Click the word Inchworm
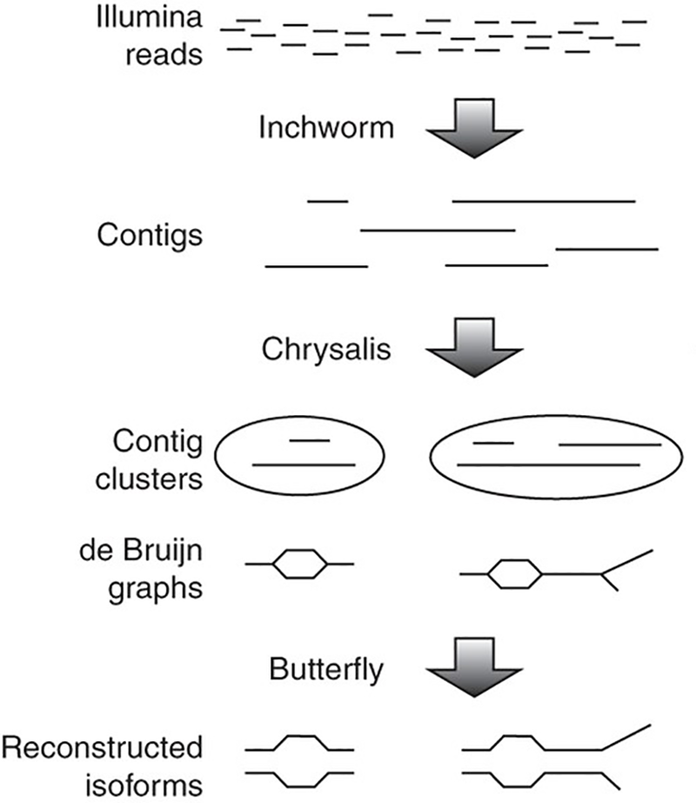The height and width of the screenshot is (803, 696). coord(326,127)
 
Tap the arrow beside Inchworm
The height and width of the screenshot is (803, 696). coord(473,128)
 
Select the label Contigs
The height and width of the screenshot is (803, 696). coord(150,234)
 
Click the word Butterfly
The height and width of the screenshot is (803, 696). coord(326,671)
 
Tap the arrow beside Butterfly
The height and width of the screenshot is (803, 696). coord(473,671)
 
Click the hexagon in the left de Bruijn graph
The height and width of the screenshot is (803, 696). coord(300,565)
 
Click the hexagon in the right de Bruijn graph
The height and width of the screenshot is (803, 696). coord(516,574)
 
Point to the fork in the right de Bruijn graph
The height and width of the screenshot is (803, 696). coord(602,573)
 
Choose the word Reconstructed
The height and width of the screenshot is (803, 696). coord(103,746)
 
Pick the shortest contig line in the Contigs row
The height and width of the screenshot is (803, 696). coord(327,201)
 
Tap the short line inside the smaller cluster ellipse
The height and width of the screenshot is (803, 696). coord(309,440)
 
